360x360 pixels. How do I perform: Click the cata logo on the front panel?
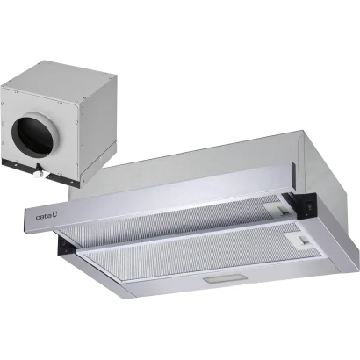[47, 217]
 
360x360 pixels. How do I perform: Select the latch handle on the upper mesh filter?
[283, 210]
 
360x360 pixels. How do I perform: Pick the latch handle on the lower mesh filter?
[302, 240]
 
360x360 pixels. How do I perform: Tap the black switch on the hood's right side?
[309, 206]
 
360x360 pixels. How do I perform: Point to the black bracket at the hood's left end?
[65, 245]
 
